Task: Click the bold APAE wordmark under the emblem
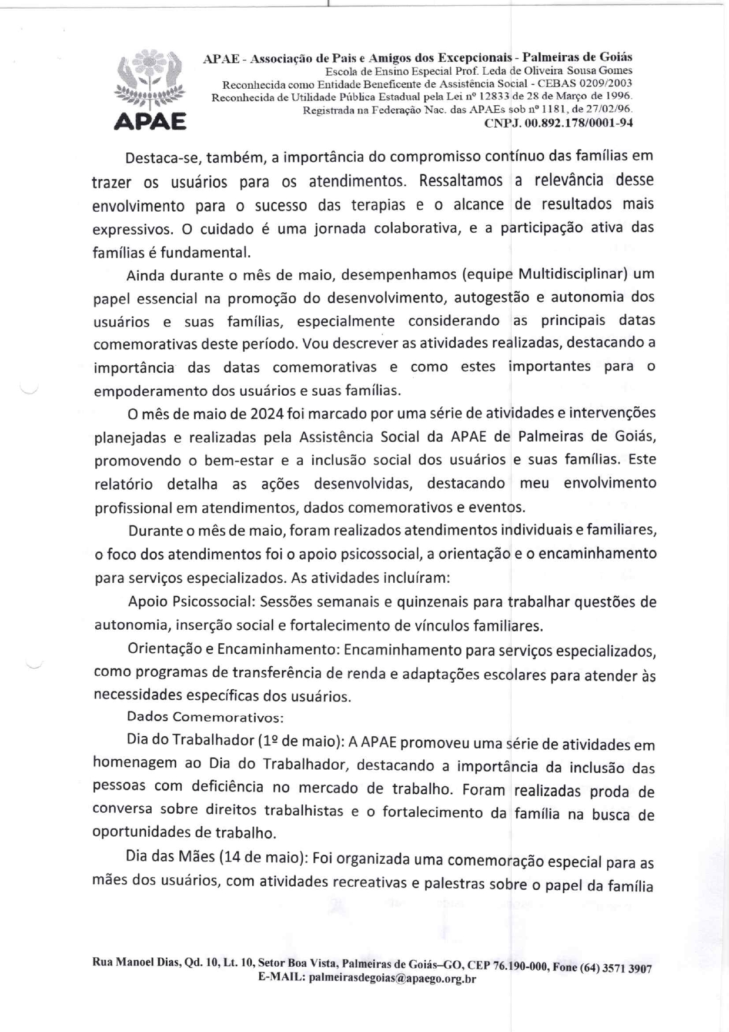click(150, 121)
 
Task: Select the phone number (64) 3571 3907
click(616, 968)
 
